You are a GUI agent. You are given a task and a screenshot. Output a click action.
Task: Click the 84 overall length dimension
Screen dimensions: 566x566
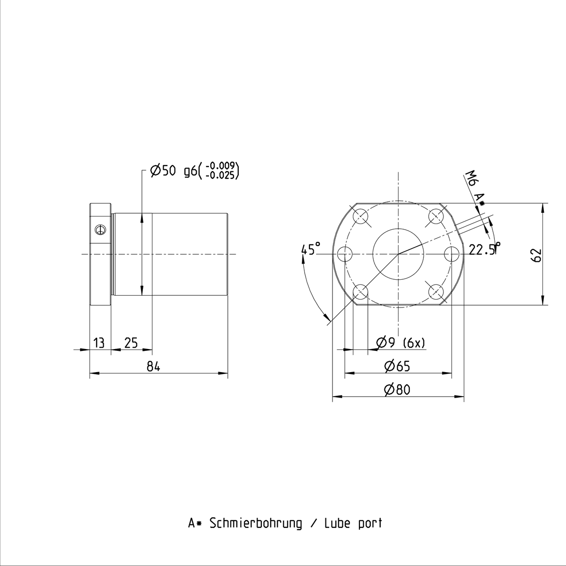click(x=153, y=366)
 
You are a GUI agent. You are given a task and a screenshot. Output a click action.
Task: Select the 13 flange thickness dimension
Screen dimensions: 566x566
click(x=99, y=343)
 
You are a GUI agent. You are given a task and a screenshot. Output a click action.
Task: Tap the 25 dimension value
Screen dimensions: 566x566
click(x=131, y=343)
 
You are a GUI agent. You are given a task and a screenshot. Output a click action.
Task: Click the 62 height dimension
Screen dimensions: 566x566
click(x=536, y=255)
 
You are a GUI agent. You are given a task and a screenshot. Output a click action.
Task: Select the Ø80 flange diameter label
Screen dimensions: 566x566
click(x=397, y=390)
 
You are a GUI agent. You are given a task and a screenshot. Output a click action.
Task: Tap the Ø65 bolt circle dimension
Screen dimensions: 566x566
click(x=397, y=366)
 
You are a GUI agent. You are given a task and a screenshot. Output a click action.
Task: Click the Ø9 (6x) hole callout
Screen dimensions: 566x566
click(x=400, y=343)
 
